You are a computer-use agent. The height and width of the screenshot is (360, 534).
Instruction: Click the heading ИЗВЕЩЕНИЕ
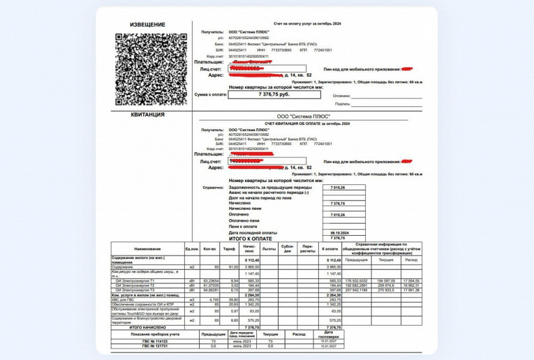pyautogui.click(x=147, y=25)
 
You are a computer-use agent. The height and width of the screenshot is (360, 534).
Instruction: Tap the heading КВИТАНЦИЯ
pyautogui.click(x=147, y=114)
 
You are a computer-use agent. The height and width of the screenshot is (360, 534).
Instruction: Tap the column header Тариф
pyautogui.click(x=230, y=249)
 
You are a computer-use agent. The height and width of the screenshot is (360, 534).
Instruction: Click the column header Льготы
pyautogui.click(x=269, y=249)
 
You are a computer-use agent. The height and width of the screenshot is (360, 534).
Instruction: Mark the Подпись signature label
pyautogui.click(x=342, y=103)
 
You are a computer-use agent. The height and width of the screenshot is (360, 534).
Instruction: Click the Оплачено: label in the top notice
pyautogui.click(x=342, y=96)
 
